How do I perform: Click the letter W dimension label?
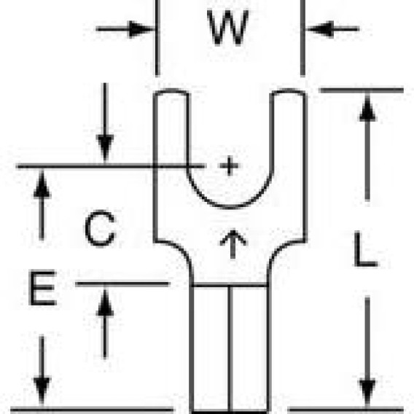(x=228, y=27)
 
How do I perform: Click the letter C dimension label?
(x=101, y=228)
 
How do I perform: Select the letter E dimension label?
(x=43, y=288)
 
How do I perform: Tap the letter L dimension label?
(x=366, y=249)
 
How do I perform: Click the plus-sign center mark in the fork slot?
(x=230, y=165)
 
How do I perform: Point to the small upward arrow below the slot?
(x=233, y=244)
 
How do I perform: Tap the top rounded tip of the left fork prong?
(x=171, y=91)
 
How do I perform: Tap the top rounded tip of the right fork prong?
(x=289, y=91)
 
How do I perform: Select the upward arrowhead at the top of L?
(x=367, y=108)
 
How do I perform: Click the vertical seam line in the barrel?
(x=230, y=348)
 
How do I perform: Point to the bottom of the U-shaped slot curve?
(x=230, y=206)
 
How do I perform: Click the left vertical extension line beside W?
(x=157, y=38)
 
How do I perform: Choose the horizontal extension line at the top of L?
(x=362, y=90)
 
